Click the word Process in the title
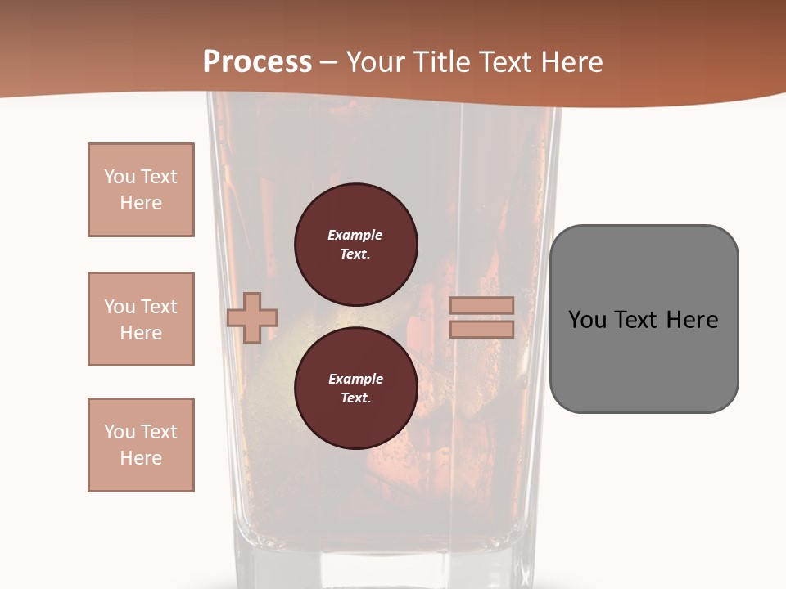click(x=257, y=62)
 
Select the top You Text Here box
click(x=141, y=190)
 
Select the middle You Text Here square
click(x=141, y=319)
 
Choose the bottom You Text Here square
click(x=141, y=445)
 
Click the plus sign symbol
click(x=252, y=317)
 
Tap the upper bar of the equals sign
click(x=481, y=305)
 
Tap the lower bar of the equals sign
click(x=481, y=330)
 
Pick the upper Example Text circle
click(x=355, y=245)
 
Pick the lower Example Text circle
click(x=355, y=389)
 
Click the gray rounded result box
click(x=644, y=319)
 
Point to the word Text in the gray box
click(x=638, y=320)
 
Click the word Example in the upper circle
click(x=355, y=235)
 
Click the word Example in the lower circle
click(x=355, y=379)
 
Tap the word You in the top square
click(x=120, y=177)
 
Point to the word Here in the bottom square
click(x=141, y=458)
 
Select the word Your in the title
click(x=378, y=62)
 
